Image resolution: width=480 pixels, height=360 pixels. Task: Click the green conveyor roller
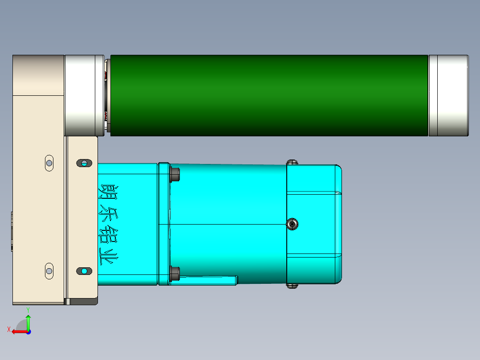tap(269, 95)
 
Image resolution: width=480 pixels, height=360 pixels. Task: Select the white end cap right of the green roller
tap(448, 95)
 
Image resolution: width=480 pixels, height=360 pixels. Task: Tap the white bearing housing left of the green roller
tap(84, 95)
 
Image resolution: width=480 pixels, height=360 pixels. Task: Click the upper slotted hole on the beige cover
tap(49, 163)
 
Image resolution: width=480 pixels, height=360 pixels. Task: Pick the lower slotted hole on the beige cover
tap(49, 270)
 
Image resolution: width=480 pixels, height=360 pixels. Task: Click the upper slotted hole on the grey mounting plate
tap(83, 163)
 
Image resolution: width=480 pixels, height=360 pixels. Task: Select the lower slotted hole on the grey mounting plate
tap(83, 271)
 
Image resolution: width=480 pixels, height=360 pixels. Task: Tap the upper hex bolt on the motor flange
tap(175, 174)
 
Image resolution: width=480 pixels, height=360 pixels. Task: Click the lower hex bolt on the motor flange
tap(175, 273)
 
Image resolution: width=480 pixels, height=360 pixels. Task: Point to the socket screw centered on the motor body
tap(292, 224)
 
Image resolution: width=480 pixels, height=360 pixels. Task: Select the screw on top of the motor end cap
tap(292, 161)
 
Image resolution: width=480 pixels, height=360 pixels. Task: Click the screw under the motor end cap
tap(292, 286)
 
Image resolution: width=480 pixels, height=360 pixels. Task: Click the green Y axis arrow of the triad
tap(28, 321)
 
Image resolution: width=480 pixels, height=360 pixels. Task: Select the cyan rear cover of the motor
tap(314, 224)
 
